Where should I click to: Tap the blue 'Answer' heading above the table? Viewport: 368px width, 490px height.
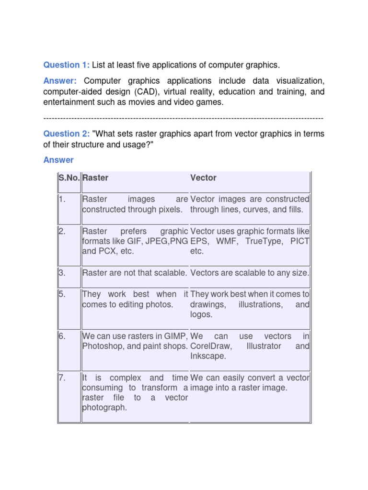click(58, 160)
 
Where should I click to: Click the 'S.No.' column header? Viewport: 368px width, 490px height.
click(69, 178)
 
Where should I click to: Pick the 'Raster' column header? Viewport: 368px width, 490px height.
click(95, 178)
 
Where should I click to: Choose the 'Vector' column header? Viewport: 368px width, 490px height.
click(203, 178)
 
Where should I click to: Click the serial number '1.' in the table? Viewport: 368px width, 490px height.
click(62, 199)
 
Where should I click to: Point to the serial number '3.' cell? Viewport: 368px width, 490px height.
click(62, 273)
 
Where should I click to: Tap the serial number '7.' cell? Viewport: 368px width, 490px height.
click(62, 378)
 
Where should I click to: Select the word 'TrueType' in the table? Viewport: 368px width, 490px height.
click(265, 241)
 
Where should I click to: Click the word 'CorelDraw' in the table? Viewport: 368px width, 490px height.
click(211, 346)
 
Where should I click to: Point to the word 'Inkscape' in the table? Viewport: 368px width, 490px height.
click(206, 356)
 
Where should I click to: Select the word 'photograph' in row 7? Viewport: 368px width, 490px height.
click(104, 408)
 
